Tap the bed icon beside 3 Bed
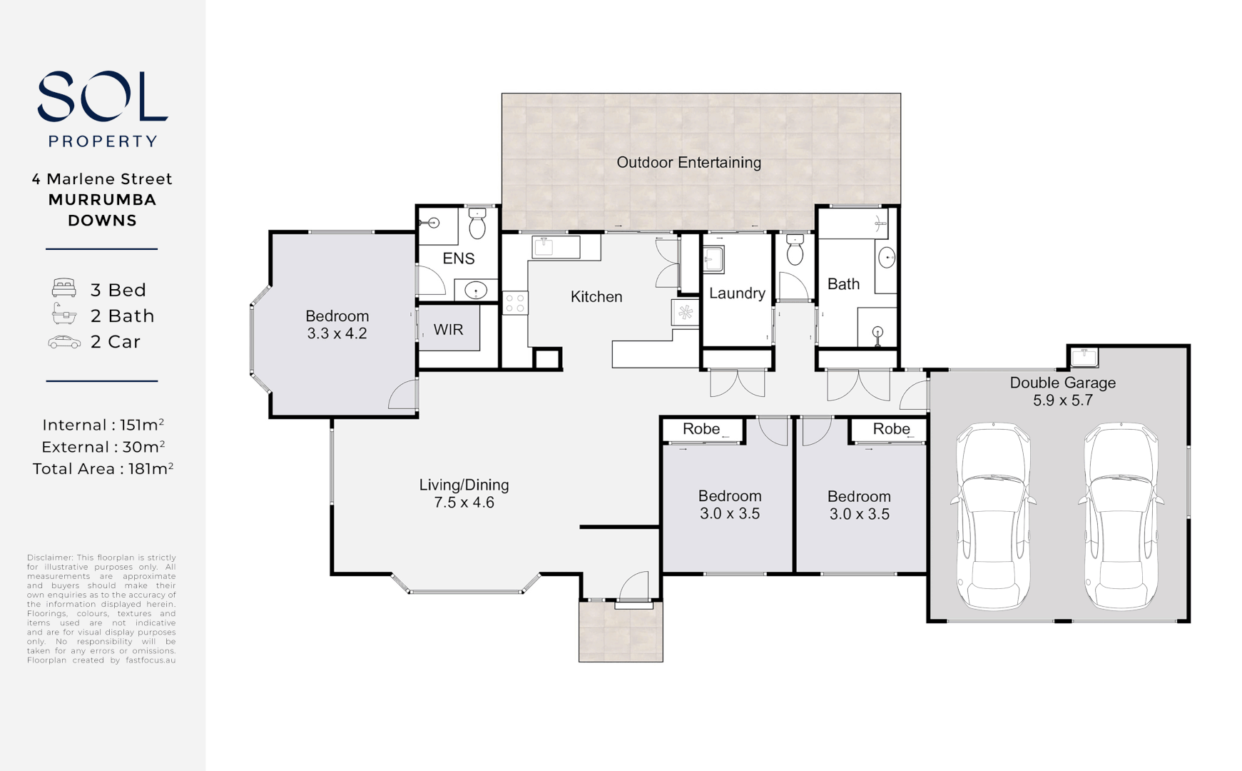point(63,288)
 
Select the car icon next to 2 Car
point(64,343)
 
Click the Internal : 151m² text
point(103,425)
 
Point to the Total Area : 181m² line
point(103,469)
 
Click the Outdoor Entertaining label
point(688,163)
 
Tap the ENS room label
point(458,258)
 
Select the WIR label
point(448,330)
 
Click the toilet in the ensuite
point(477,224)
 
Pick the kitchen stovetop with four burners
point(515,303)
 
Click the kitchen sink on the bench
point(544,246)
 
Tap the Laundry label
point(737,293)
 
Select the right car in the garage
point(1120,515)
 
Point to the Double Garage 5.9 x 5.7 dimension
point(1062,400)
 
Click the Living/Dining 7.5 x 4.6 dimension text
point(464,503)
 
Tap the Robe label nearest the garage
point(891,429)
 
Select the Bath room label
point(843,284)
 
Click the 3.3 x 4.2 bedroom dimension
point(337,333)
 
